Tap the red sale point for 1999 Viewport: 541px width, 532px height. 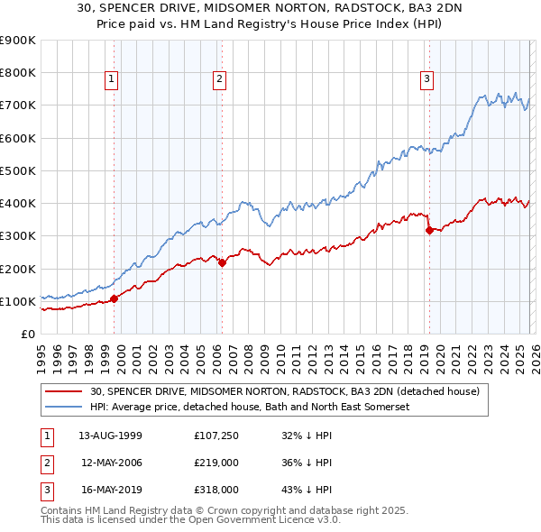(x=114, y=298)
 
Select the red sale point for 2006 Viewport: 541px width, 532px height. (x=222, y=262)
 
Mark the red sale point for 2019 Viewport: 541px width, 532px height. (x=428, y=230)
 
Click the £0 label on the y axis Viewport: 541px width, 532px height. (x=27, y=334)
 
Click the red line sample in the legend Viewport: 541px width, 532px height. (x=64, y=391)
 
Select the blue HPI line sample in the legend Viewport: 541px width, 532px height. (x=64, y=407)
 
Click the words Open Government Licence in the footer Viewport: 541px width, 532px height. (x=270, y=521)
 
